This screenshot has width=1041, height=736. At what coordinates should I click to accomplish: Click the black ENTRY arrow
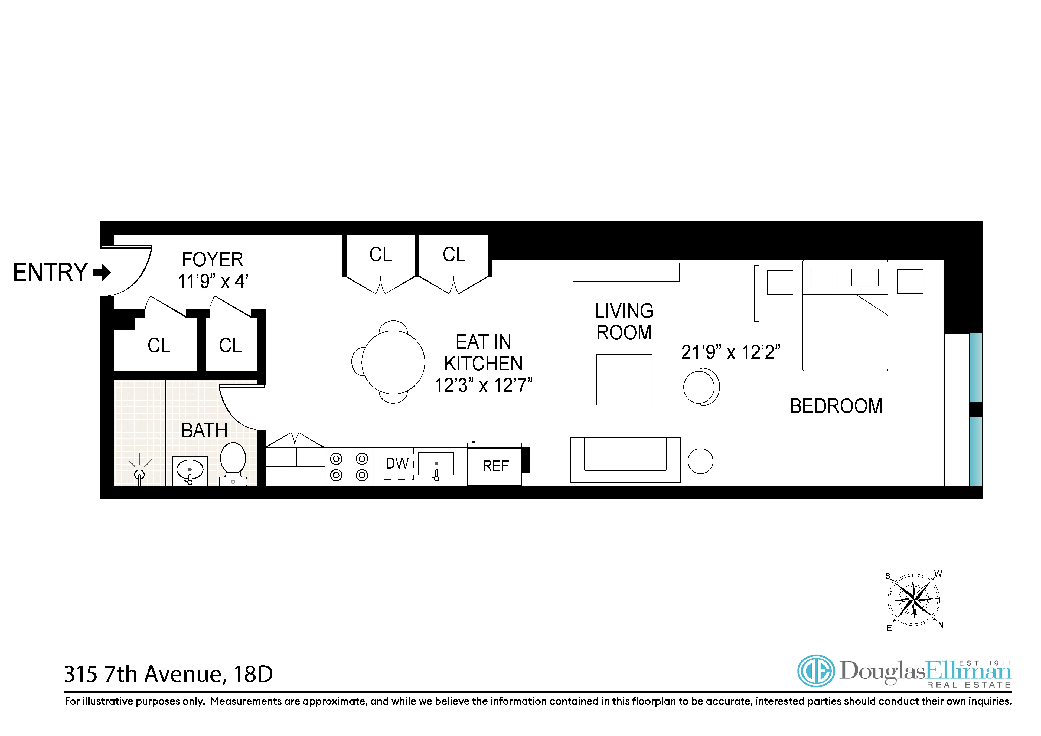[102, 272]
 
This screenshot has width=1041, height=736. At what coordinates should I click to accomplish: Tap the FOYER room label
[212, 260]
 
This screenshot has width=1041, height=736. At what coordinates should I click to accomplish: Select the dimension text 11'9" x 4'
[213, 282]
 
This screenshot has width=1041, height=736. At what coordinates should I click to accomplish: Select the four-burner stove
[349, 466]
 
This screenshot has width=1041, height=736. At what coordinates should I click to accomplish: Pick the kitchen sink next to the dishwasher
[435, 464]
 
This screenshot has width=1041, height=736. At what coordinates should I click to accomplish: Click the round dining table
[393, 362]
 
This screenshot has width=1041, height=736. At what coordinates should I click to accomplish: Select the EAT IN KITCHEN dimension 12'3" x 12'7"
[483, 386]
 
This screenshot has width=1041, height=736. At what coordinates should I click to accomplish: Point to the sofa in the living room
[625, 460]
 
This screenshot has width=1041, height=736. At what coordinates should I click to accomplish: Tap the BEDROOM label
[836, 406]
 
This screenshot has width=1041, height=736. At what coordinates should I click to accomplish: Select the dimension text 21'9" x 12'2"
[730, 352]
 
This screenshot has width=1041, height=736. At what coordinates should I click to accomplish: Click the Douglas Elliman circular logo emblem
[816, 671]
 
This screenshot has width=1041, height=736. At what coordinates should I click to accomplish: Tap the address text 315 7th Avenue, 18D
[168, 674]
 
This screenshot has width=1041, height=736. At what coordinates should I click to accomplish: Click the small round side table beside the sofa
[700, 461]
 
